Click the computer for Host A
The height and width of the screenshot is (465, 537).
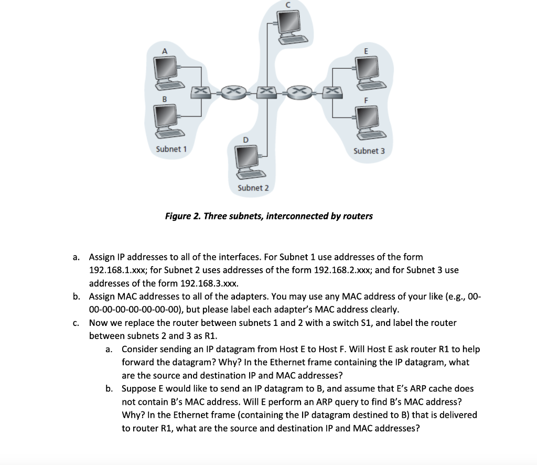pos(166,70)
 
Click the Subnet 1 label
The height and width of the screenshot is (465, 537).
pos(171,149)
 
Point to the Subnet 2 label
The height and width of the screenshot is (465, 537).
pos(253,188)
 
